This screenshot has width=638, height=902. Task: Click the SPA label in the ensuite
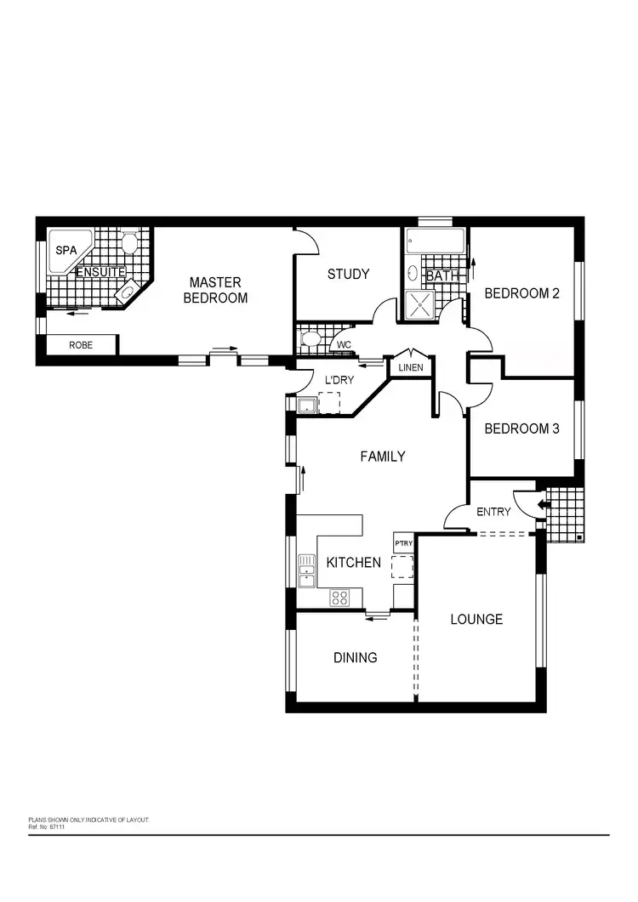65,251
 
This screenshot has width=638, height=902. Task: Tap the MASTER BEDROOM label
215,290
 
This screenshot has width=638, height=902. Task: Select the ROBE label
81,345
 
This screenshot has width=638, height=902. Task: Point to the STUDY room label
349,274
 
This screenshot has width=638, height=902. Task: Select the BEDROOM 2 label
521,294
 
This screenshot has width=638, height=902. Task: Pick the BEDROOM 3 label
521,428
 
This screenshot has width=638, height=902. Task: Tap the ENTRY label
493,512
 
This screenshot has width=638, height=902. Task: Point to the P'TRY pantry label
403,542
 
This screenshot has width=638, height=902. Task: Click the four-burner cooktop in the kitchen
339,597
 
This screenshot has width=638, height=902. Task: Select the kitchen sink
306,570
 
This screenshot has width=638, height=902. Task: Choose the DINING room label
355,657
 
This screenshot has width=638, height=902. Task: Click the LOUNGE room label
476,619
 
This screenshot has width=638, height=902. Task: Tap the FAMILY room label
383,457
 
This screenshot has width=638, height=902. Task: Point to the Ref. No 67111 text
47,825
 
